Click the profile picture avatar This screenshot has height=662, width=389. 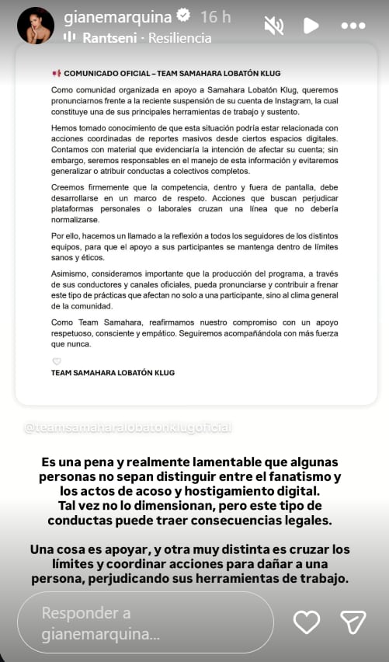click(x=36, y=26)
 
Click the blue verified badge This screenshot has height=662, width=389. click(x=186, y=16)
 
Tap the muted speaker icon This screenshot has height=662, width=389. click(x=273, y=26)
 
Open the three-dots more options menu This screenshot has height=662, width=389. click(x=353, y=26)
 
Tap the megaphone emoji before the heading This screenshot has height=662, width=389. click(x=55, y=73)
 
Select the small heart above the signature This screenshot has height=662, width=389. click(x=56, y=361)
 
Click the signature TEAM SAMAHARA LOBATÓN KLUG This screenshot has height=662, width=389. click(x=113, y=373)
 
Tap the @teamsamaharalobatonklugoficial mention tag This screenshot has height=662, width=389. click(x=128, y=428)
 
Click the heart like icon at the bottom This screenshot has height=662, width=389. click(x=307, y=622)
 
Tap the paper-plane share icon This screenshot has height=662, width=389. click(x=353, y=622)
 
